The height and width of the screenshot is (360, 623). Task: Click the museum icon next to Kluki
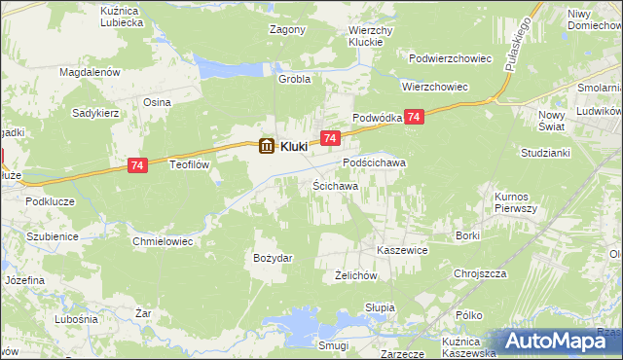tap(266, 147)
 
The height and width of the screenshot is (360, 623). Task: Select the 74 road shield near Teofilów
tap(137, 167)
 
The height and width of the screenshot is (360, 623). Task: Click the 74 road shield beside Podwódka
tap(415, 117)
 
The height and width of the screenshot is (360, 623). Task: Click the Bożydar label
tap(274, 257)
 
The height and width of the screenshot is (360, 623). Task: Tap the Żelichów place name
tap(355, 275)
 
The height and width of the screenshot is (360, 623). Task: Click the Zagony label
tap(287, 29)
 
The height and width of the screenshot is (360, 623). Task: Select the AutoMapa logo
tap(560, 341)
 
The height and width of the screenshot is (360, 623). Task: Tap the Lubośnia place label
tap(77, 318)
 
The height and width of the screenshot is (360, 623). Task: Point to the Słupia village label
tap(380, 307)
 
